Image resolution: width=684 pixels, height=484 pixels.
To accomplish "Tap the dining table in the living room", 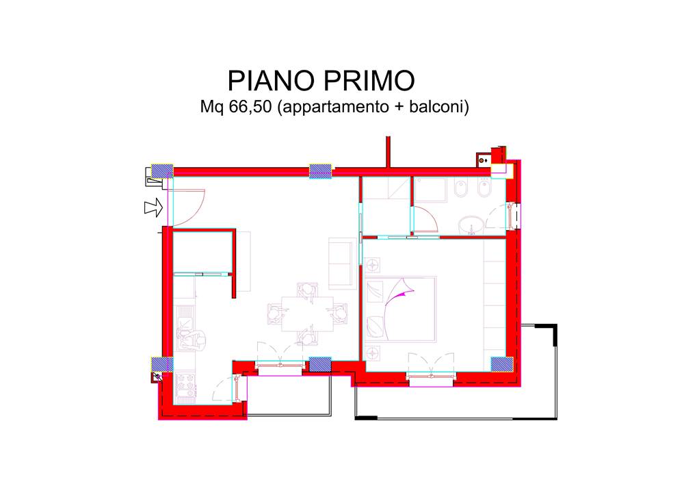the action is click(x=307, y=314).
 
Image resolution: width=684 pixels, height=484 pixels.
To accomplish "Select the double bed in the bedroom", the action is click(x=400, y=309).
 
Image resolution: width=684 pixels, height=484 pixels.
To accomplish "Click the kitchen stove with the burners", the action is click(x=185, y=387).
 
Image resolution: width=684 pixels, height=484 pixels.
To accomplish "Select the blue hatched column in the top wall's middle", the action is click(x=320, y=170).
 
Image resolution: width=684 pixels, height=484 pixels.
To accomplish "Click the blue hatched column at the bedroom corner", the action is click(x=501, y=364).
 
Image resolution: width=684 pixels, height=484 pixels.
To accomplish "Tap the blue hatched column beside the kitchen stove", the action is click(x=162, y=364).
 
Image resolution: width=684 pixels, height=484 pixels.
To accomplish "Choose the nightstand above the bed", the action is click(x=372, y=265).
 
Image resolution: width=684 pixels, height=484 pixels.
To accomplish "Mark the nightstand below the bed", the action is click(x=372, y=353).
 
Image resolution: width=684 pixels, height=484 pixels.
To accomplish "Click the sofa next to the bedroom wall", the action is click(x=343, y=264).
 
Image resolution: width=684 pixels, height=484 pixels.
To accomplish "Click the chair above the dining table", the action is click(x=307, y=290).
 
